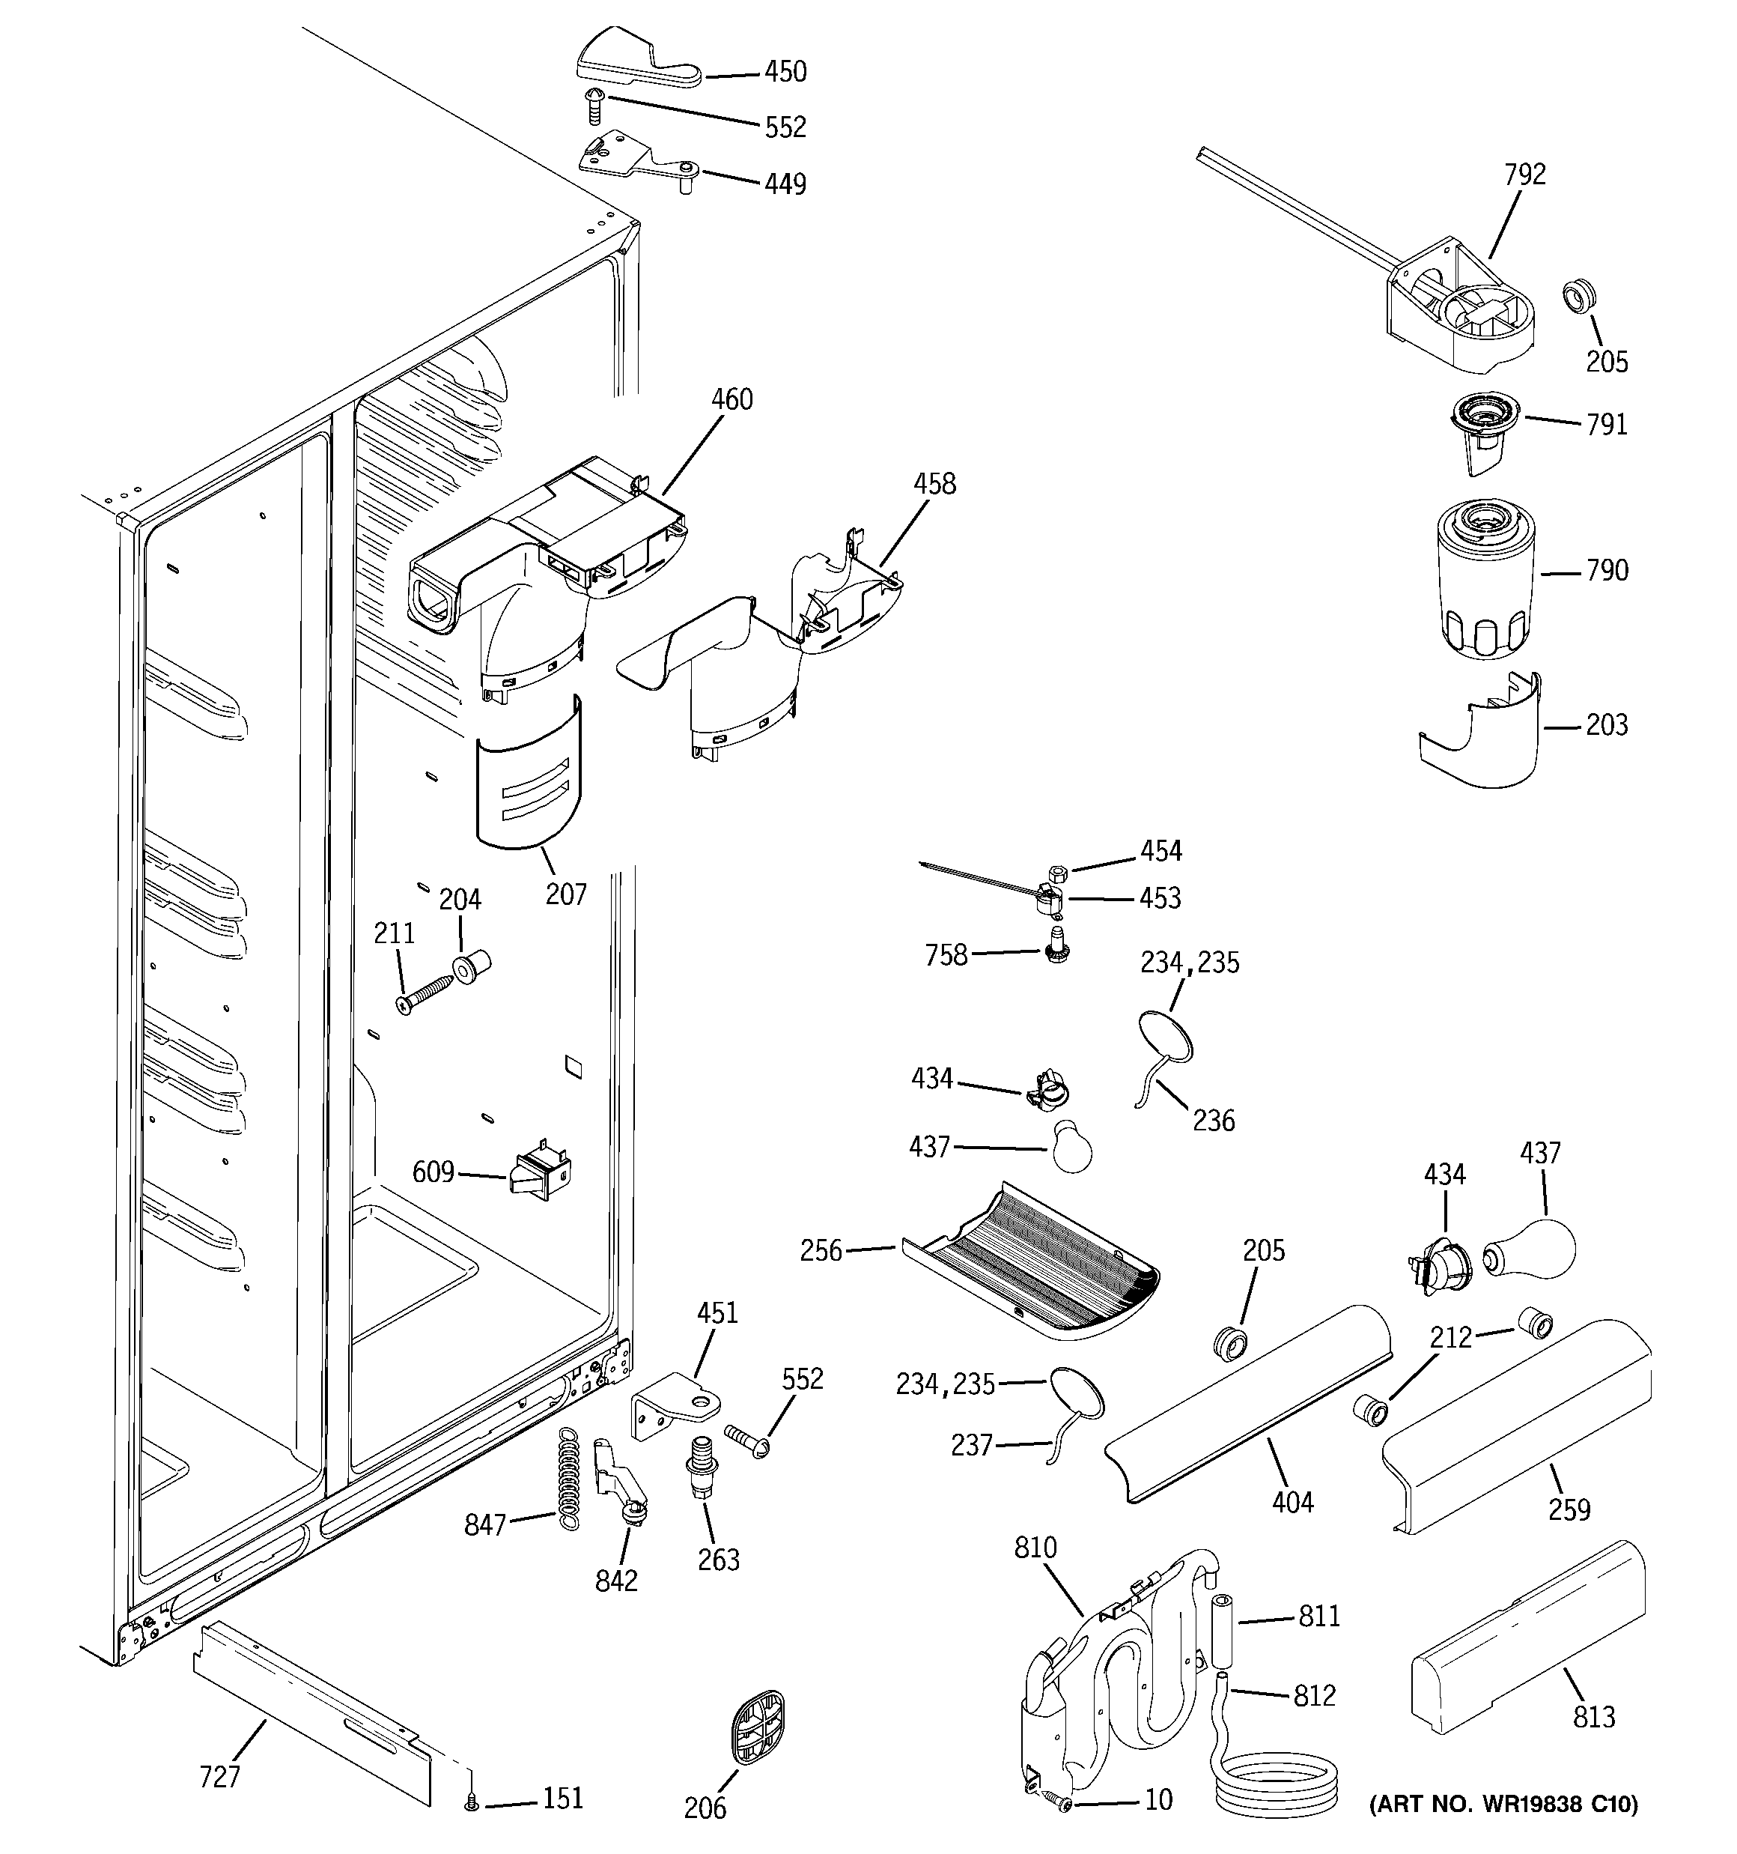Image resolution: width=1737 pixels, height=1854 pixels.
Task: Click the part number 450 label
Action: click(x=785, y=72)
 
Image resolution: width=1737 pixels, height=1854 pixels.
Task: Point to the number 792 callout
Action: click(x=1524, y=175)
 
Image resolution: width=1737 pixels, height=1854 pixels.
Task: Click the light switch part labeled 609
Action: click(x=540, y=1173)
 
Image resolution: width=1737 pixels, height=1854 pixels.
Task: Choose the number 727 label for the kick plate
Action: click(x=220, y=1777)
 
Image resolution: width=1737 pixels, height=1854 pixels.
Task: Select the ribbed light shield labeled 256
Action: click(x=1030, y=1263)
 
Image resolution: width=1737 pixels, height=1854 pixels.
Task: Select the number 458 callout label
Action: click(x=934, y=484)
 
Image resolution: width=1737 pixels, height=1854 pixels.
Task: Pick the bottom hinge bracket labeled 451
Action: click(x=679, y=1408)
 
